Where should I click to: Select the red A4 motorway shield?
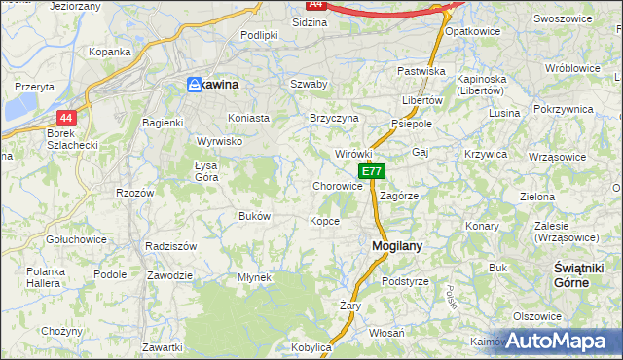314,4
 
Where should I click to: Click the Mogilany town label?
396,246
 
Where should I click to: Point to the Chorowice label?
338,186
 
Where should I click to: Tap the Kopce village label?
324,221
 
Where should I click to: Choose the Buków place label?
254,216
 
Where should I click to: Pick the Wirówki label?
353,154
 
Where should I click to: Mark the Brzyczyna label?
334,118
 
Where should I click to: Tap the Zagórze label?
399,195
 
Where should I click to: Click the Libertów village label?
422,100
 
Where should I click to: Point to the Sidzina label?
310,20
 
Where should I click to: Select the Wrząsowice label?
559,156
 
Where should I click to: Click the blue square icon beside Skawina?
194,86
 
